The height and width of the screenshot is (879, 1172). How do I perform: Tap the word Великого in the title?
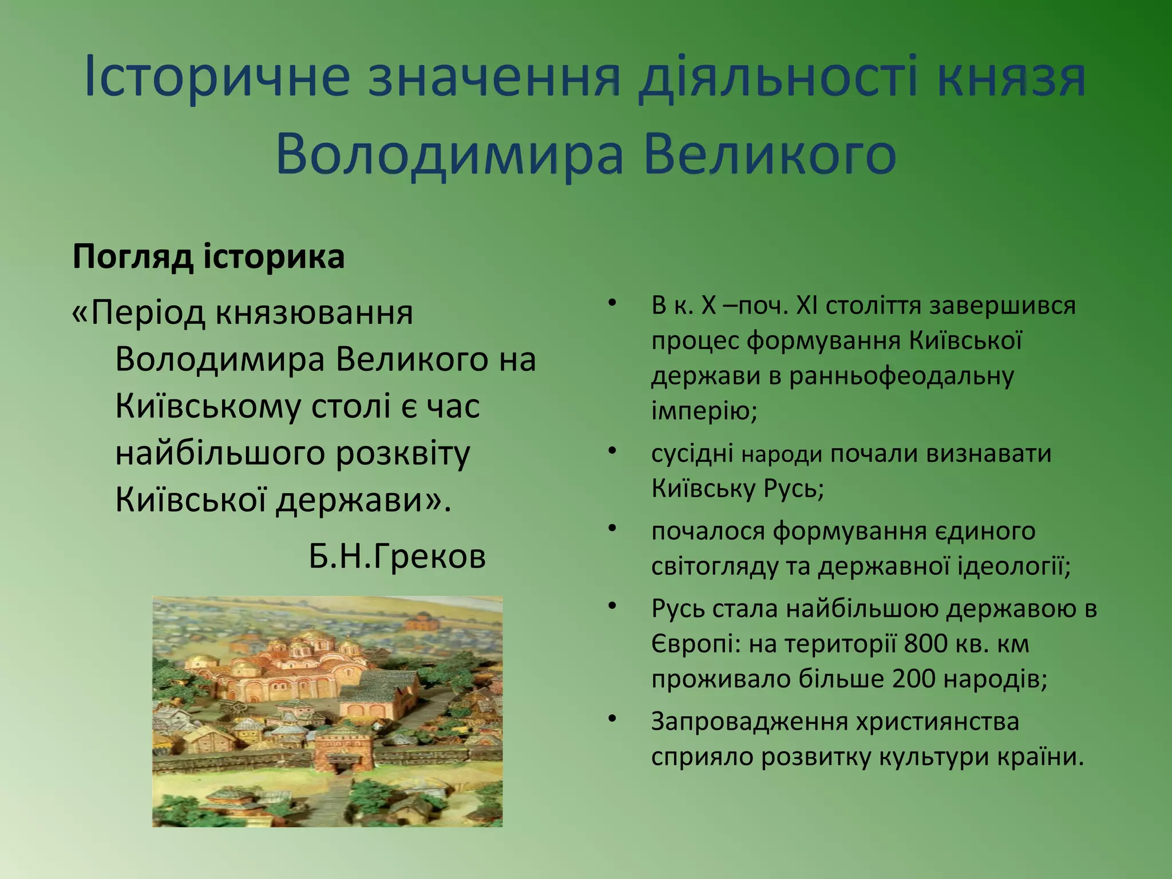[x=769, y=155]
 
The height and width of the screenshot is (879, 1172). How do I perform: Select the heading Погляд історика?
[x=208, y=257]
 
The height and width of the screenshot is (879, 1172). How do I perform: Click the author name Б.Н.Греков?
[x=397, y=556]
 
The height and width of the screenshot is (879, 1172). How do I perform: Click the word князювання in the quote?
[x=314, y=313]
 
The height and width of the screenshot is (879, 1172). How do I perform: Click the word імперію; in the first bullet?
[x=704, y=410]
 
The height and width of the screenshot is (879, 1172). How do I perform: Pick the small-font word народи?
[x=782, y=455]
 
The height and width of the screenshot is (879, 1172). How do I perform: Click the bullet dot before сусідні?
[x=612, y=451]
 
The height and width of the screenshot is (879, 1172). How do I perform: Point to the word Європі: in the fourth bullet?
[x=695, y=644]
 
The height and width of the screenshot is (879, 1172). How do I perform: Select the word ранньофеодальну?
[x=902, y=376]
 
